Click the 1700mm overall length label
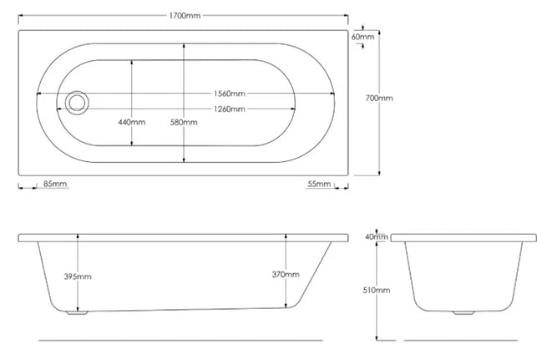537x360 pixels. [185, 15]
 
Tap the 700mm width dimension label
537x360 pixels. [379, 98]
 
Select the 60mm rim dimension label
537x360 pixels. [362, 37]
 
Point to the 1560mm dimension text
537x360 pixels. [230, 94]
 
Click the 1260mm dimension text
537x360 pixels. [230, 109]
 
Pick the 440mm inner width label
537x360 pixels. [132, 122]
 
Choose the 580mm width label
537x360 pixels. [184, 122]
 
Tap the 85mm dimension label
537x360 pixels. [55, 184]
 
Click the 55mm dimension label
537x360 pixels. [319, 184]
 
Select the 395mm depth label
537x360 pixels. [78, 276]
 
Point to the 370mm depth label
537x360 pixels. [286, 274]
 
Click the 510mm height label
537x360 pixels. [377, 290]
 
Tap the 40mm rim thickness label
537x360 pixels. [377, 236]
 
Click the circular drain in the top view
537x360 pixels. [77, 103]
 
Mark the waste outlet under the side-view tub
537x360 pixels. [77, 312]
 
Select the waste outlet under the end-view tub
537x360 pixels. [464, 312]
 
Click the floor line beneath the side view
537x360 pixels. [180, 341]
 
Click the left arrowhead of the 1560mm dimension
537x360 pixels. [38, 94]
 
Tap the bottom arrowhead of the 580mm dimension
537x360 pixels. [184, 160]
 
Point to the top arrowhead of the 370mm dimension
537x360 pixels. [286, 236]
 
